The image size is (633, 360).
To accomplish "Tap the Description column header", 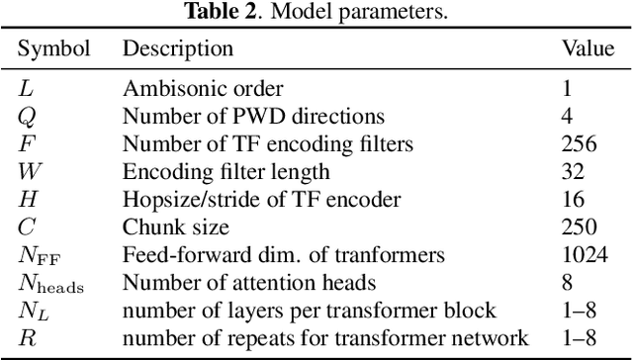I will pyautogui.click(x=178, y=48).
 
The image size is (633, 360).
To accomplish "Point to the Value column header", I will pyautogui.click(x=588, y=48).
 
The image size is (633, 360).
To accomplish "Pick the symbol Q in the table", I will pyautogui.click(x=27, y=116).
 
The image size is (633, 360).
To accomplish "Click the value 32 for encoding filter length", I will pyautogui.click(x=573, y=172).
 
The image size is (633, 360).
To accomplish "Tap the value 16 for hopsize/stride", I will pyautogui.click(x=573, y=200).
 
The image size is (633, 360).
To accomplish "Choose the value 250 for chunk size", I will pyautogui.click(x=579, y=227).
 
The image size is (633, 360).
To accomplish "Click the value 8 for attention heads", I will pyautogui.click(x=567, y=284).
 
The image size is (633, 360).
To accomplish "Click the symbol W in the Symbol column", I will pyautogui.click(x=28, y=172).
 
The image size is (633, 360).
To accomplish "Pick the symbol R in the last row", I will pyautogui.click(x=26, y=340).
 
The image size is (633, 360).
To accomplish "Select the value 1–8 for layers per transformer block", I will pyautogui.click(x=579, y=312).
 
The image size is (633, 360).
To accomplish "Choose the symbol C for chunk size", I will pyautogui.click(x=27, y=227).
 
